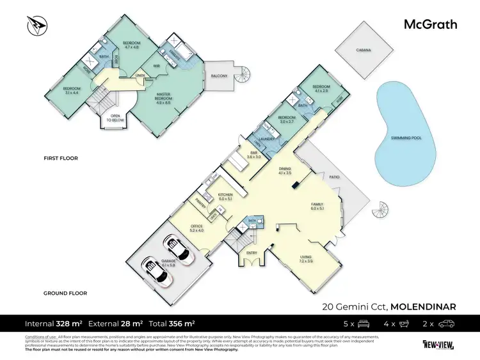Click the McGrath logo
point(429,25)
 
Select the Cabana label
point(364,49)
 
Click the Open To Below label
point(115,118)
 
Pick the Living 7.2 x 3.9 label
point(306,258)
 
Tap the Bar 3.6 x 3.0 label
point(254,155)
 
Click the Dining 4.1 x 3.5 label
point(285,171)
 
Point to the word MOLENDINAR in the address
point(423,306)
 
